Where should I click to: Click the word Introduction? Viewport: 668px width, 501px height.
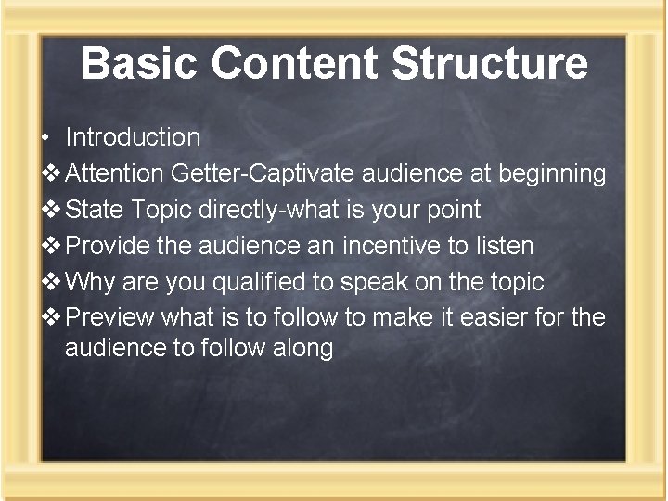click(133, 137)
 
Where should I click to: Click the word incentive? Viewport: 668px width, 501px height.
click(389, 246)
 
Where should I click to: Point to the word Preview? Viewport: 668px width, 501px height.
click(110, 318)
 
